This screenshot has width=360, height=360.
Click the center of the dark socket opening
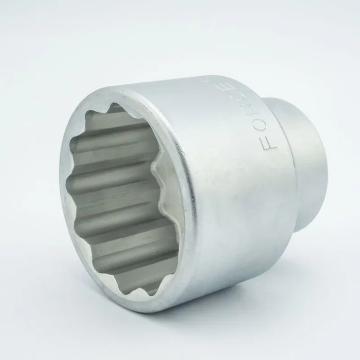pos(119,198)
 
